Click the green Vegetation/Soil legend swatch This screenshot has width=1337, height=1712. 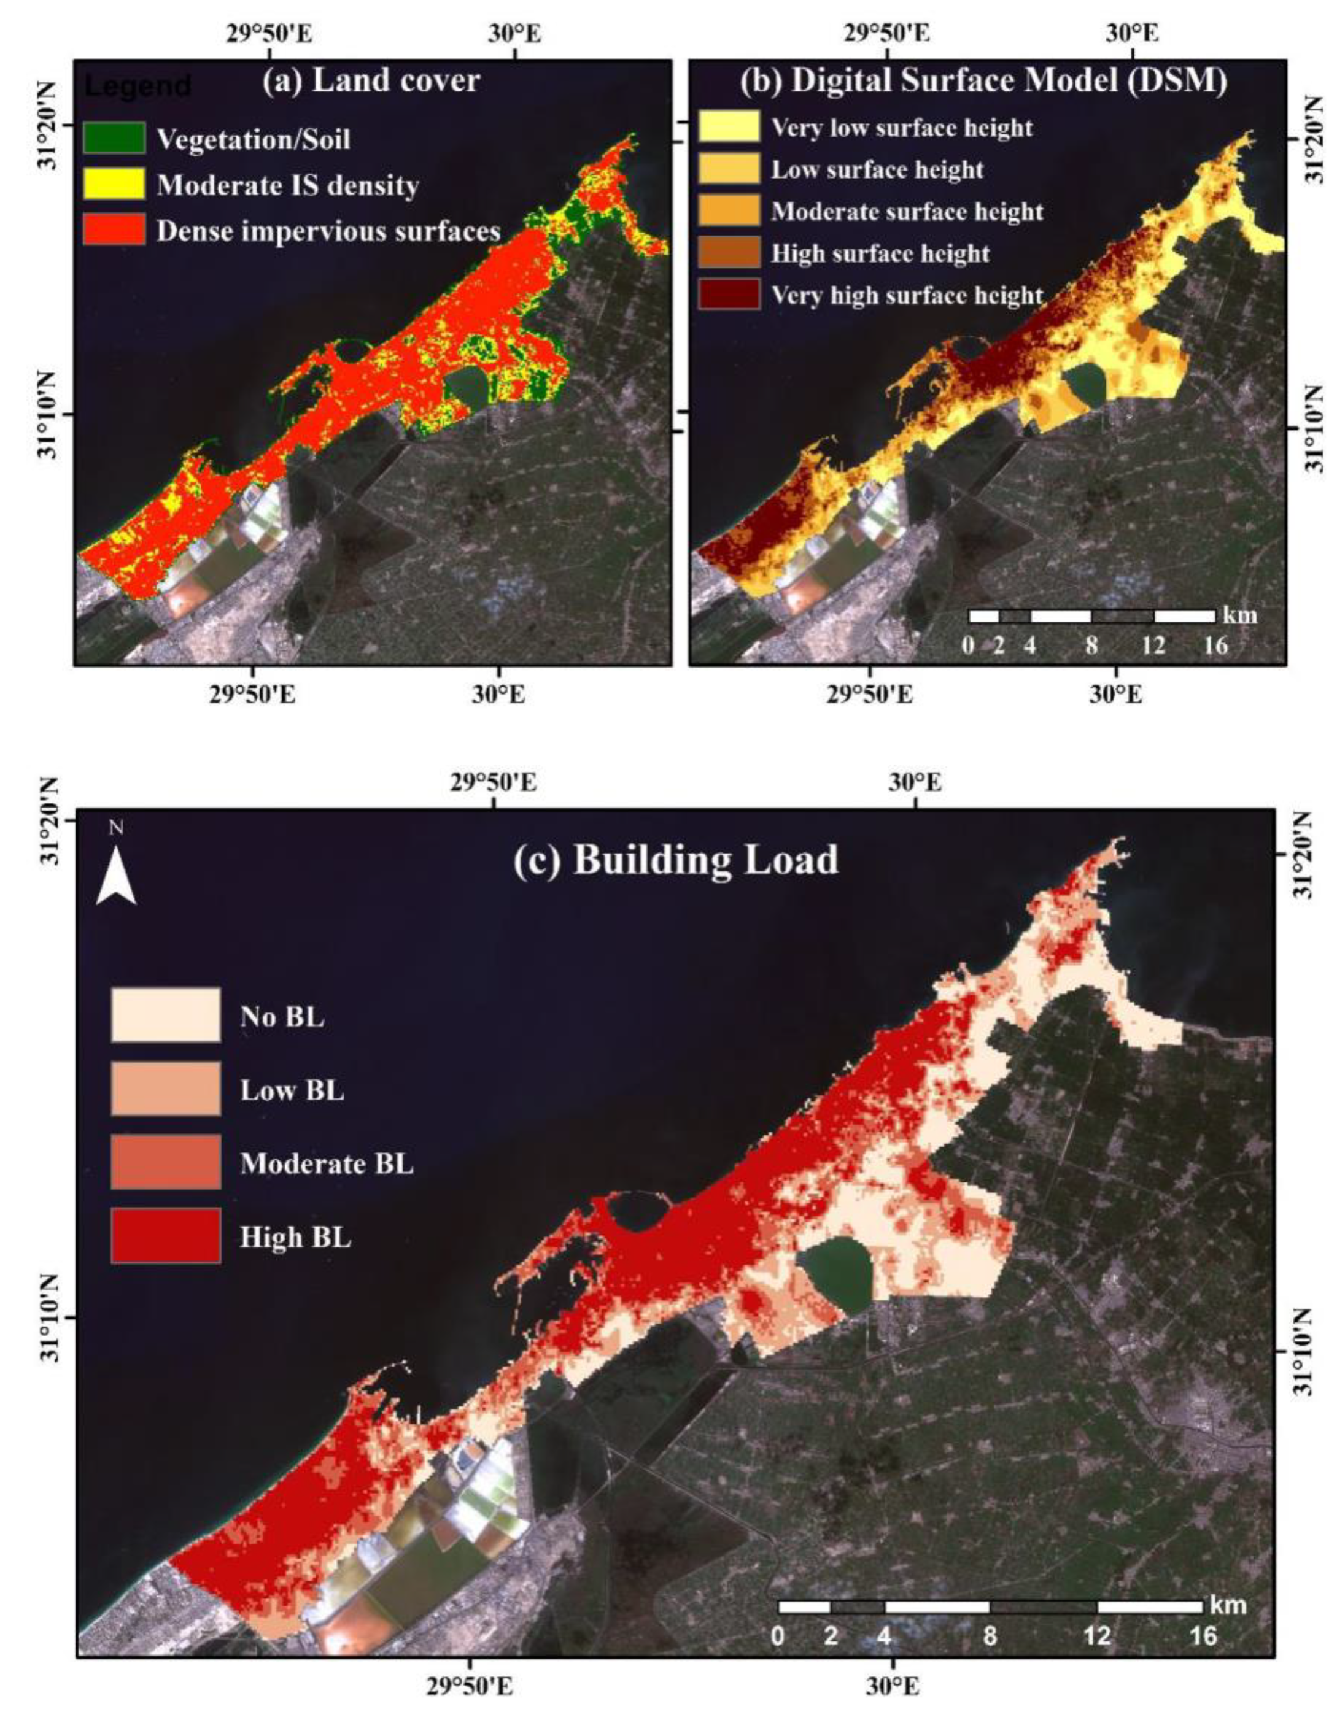pyautogui.click(x=115, y=138)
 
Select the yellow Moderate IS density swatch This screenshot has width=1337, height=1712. pyautogui.click(x=115, y=184)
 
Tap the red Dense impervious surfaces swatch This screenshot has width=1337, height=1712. pyautogui.click(x=115, y=229)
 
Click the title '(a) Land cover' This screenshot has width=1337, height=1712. pyautogui.click(x=371, y=81)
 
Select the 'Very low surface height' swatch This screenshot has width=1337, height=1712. pyautogui.click(x=729, y=127)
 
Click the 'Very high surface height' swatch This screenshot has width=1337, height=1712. pyautogui.click(x=729, y=294)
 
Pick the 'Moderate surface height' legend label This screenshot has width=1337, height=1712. pyautogui.click(x=907, y=212)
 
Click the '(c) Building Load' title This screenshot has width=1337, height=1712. pyautogui.click(x=676, y=860)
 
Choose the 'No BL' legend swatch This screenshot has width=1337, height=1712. pyautogui.click(x=166, y=1015)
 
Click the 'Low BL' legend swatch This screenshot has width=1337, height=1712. pyautogui.click(x=166, y=1089)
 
